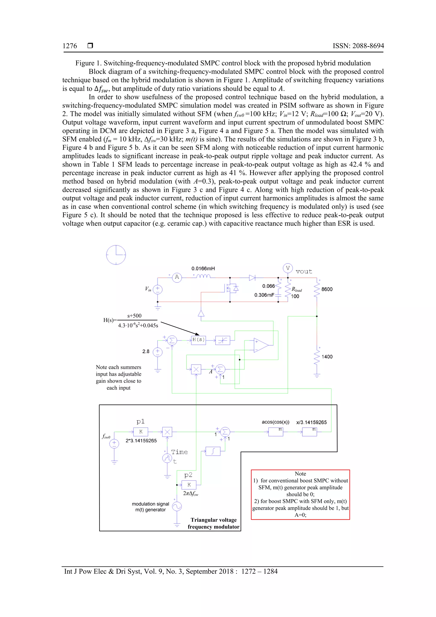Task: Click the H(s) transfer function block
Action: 198,340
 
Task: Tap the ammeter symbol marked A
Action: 177,277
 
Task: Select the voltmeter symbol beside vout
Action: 287,268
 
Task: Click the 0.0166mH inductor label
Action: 203,268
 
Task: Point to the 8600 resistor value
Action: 327,289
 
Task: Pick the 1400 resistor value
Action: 327,357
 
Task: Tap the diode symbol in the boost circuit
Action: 252,278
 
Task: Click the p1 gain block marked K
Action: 141,432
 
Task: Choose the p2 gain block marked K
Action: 189,485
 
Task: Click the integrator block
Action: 213,451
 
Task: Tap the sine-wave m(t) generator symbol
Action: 177,506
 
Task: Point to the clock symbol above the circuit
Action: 116,255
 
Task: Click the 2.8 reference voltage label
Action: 146,351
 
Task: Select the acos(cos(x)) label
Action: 276,422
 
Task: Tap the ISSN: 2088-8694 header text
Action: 358,46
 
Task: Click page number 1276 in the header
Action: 70,46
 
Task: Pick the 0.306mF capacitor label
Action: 264,295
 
